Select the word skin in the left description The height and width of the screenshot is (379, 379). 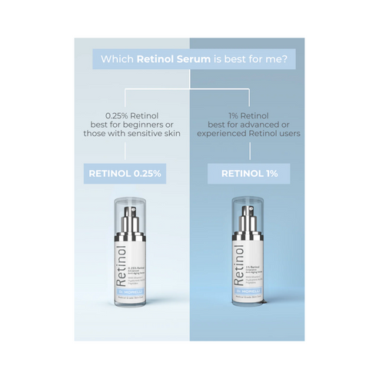point(173,132)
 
